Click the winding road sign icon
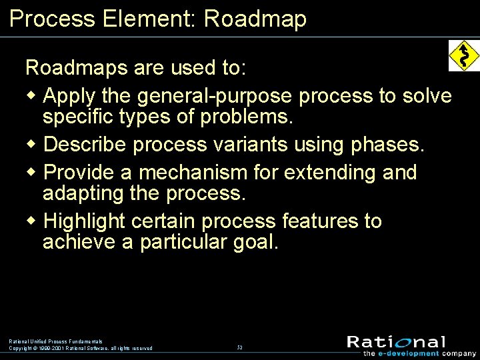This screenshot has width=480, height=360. point(464,55)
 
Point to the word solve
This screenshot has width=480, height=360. point(427,96)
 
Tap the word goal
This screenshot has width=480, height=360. point(255,242)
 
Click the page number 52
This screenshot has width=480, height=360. point(239,347)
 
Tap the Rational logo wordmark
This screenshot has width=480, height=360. point(396,342)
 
